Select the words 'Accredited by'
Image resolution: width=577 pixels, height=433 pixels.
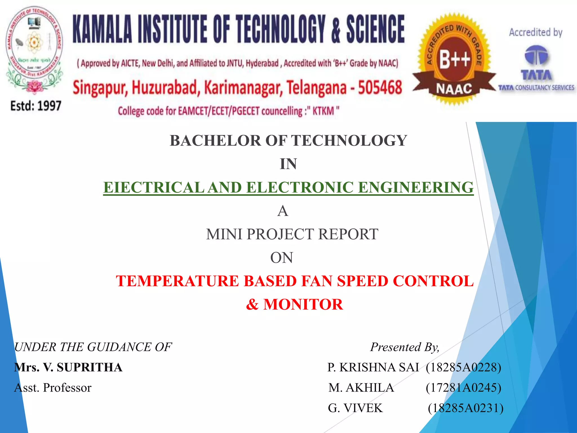tap(536, 33)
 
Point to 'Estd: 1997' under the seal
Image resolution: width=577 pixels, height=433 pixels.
tap(36, 106)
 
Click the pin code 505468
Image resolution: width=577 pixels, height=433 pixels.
tap(380, 87)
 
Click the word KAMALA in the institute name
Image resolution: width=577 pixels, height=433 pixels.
tap(103, 29)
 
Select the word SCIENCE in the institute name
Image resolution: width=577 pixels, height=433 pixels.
tap(375, 29)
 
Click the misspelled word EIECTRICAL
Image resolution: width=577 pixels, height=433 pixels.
tap(154, 187)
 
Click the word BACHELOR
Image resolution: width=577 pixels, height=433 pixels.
tap(216, 141)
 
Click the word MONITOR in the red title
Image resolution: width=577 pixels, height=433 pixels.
tap(303, 304)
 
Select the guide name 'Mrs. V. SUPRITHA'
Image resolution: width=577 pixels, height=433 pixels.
tap(68, 367)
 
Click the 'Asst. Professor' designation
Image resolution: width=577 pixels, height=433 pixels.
tap(53, 388)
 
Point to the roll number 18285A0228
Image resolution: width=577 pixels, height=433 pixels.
tap(463, 367)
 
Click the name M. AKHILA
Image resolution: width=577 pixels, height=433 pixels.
tap(361, 388)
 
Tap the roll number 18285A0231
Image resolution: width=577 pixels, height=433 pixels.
tap(465, 408)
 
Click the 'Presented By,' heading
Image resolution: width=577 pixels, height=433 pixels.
tap(405, 347)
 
